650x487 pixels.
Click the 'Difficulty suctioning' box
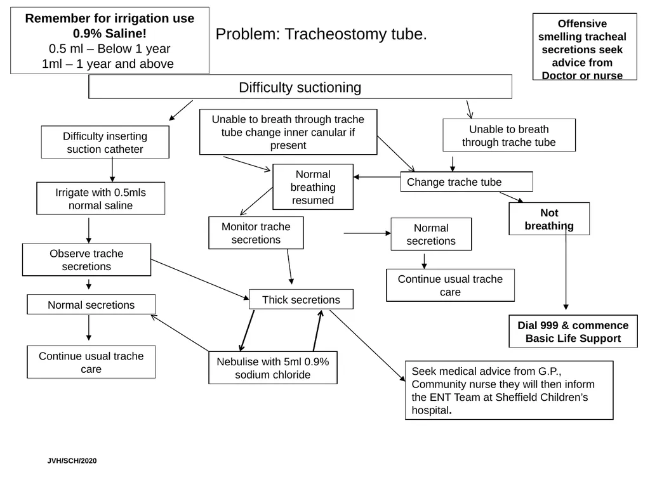pyautogui.click(x=300, y=86)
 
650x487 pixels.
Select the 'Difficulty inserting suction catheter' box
pyautogui.click(x=105, y=142)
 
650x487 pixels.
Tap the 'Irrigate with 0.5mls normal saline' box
pyautogui.click(x=100, y=198)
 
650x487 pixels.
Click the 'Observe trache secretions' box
pyautogui.click(x=86, y=259)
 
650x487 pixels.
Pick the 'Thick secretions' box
pyautogui.click(x=301, y=299)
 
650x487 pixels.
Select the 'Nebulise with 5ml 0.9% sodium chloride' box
pyautogui.click(x=273, y=368)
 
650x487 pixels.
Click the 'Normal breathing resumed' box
pyautogui.click(x=313, y=187)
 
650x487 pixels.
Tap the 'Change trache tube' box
pyautogui.click(x=467, y=181)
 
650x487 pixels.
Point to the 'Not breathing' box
pyautogui.click(x=549, y=219)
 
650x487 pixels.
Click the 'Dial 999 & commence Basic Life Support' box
pyautogui.click(x=573, y=331)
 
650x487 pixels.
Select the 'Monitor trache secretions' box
pyautogui.click(x=256, y=233)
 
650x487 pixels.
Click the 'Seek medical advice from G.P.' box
pyautogui.click(x=509, y=390)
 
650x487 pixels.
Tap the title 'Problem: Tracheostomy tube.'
pyautogui.click(x=321, y=34)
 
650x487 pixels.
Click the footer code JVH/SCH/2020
pyautogui.click(x=72, y=460)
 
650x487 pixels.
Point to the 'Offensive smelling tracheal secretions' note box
pyautogui.click(x=585, y=46)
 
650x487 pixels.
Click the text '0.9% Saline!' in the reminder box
pyautogui.click(x=109, y=33)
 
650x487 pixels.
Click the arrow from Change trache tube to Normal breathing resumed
pyautogui.click(x=377, y=177)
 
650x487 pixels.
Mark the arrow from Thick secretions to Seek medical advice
pyautogui.click(x=368, y=346)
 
